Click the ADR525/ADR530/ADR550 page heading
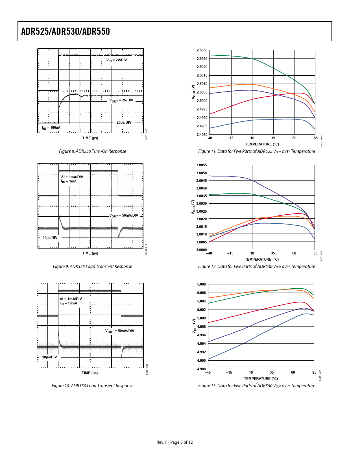click(x=66, y=31)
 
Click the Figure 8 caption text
click(x=92, y=151)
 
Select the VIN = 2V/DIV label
click(x=116, y=60)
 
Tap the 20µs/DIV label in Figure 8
click(x=124, y=123)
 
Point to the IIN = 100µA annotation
click(x=51, y=128)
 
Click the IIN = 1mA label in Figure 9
click(x=69, y=181)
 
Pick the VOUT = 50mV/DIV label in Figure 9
click(x=124, y=215)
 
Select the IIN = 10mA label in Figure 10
click(x=68, y=303)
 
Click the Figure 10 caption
click(x=92, y=386)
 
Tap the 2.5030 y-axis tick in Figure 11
click(x=202, y=50)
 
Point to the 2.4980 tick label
click(x=202, y=135)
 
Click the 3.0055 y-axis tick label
click(x=201, y=165)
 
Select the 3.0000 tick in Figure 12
click(x=201, y=250)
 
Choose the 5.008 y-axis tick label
click(x=201, y=284)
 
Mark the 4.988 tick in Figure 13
click(x=201, y=369)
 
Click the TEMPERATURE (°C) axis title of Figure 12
click(x=262, y=259)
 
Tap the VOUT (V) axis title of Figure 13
click(x=194, y=326)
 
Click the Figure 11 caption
click(x=256, y=151)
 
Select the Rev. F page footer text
click(x=174, y=442)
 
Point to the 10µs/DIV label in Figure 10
click(x=49, y=357)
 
